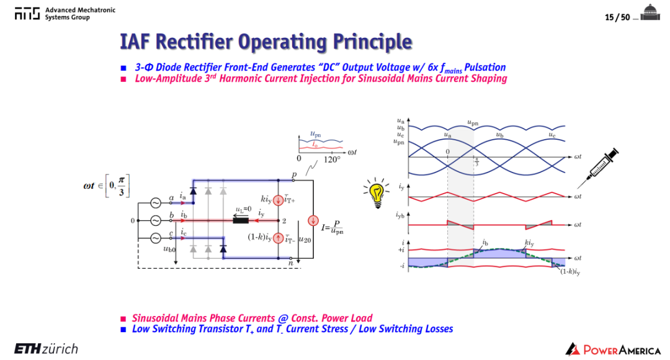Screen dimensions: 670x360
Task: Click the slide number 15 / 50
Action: [x=617, y=17]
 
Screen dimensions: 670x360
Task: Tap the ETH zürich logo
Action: [x=46, y=349]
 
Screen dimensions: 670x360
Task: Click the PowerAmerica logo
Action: [x=613, y=349]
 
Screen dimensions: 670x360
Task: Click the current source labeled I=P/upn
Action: [x=313, y=220]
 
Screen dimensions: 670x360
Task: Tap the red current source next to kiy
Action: [x=278, y=200]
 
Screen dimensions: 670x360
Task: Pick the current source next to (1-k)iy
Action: [x=278, y=238]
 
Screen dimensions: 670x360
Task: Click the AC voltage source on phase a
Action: [x=155, y=203]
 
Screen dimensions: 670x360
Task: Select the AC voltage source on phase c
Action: [x=155, y=238]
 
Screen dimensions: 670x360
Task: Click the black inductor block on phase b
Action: [x=241, y=220]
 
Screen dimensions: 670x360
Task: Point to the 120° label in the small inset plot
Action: [x=332, y=160]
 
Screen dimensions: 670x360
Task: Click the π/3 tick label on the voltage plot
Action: [x=477, y=162]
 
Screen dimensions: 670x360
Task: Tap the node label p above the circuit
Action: [x=294, y=175]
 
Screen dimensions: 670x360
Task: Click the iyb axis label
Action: [x=400, y=215]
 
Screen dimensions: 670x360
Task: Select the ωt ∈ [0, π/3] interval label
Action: [x=107, y=186]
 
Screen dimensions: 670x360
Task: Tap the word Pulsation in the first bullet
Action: [x=485, y=68]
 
